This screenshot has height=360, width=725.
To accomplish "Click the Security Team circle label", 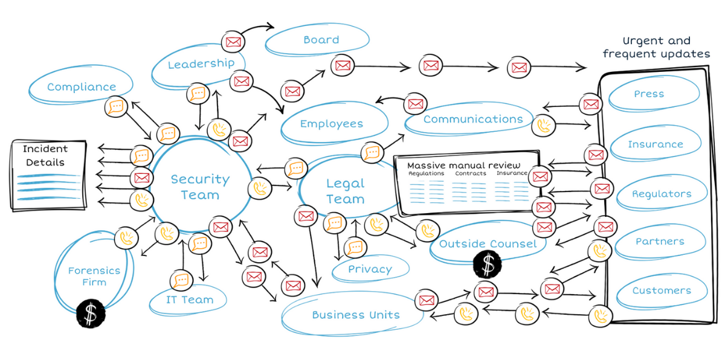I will click(200, 187).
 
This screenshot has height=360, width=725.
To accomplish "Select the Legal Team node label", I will click(345, 191).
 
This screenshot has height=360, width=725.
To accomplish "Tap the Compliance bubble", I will click(81, 87).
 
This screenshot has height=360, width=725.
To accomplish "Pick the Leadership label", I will click(201, 64).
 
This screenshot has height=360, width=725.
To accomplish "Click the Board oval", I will click(321, 40).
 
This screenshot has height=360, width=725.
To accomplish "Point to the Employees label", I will click(332, 124).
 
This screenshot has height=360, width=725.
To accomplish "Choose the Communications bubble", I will click(472, 119).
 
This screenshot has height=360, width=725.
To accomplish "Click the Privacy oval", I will click(370, 269).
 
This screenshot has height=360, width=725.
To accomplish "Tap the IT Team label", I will click(189, 300).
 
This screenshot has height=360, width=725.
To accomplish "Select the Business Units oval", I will click(355, 315).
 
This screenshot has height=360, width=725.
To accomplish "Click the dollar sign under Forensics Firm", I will click(91, 314).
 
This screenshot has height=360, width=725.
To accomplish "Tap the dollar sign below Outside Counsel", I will click(488, 264).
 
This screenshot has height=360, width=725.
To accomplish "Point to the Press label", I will click(649, 94).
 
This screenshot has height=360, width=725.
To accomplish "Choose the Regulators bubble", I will click(661, 194).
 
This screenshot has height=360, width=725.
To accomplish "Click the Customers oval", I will click(662, 291).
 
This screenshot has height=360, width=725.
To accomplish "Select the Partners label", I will click(660, 242).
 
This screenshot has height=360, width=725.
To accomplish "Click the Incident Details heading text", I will click(45, 155).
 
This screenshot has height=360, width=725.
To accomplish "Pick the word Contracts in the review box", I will click(470, 173).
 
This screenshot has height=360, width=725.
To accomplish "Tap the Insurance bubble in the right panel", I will click(656, 144).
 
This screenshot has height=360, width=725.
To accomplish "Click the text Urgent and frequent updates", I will click(656, 48).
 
